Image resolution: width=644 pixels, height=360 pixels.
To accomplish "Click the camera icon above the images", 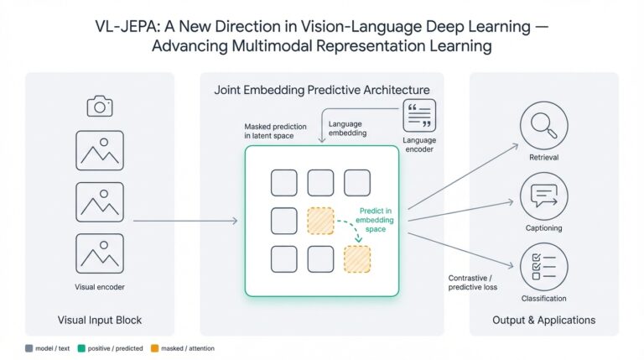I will [x=100, y=106].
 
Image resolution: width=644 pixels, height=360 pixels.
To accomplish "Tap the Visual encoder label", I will [x=100, y=286].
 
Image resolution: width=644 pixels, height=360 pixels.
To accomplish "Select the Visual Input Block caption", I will [x=100, y=320].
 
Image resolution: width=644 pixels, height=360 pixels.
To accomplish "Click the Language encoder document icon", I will [x=419, y=116].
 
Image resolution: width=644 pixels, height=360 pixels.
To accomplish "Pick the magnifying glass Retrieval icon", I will [x=543, y=126].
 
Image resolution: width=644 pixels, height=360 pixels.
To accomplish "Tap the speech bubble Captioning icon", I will [x=543, y=196].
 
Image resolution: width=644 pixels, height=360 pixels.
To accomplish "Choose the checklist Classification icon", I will [x=543, y=267].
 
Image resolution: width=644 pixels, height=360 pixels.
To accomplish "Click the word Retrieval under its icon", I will [x=543, y=157].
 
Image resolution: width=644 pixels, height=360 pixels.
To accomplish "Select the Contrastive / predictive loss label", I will [x=473, y=281].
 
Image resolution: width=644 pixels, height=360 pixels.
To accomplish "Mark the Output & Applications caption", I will [x=543, y=320].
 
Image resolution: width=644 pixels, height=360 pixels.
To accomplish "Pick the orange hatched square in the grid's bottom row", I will [x=358, y=259].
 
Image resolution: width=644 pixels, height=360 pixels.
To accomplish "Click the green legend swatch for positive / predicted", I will [x=80, y=347].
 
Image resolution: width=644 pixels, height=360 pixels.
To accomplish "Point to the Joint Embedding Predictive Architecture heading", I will [x=322, y=90].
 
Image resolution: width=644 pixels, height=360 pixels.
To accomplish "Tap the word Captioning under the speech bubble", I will [x=543, y=227].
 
